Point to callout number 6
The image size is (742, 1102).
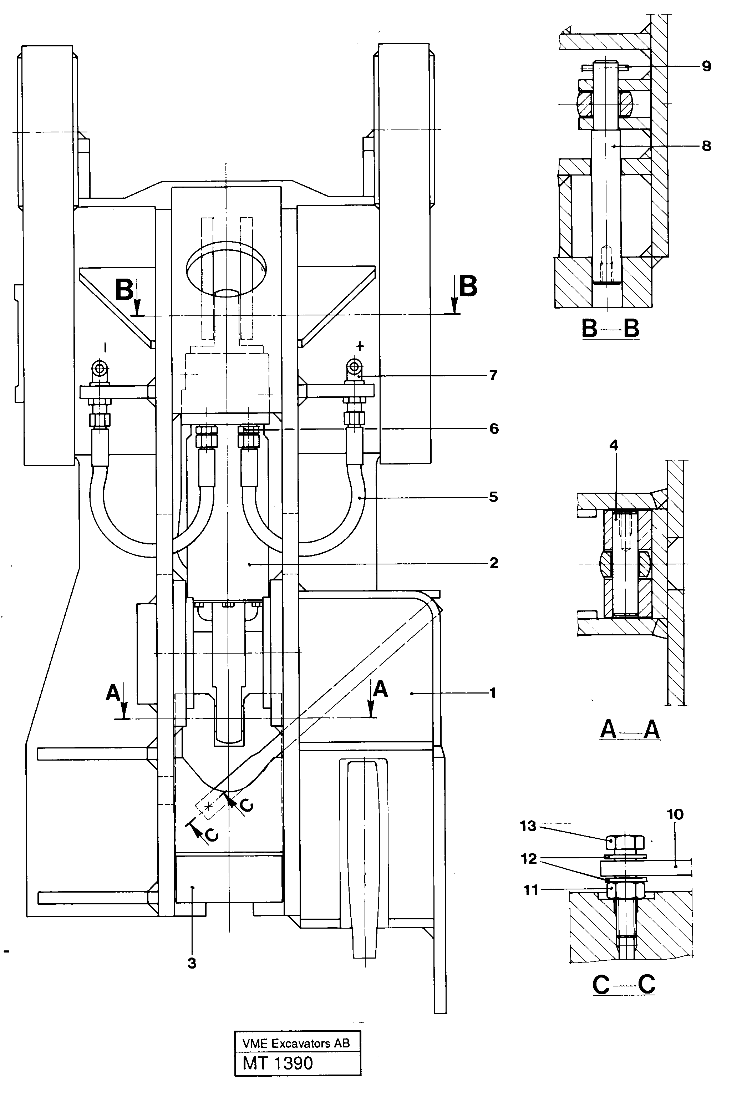click(494, 429)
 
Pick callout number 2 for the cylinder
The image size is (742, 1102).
click(494, 563)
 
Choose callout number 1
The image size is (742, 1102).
click(493, 693)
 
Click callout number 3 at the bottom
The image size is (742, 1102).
click(192, 963)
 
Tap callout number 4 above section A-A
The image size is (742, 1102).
click(614, 445)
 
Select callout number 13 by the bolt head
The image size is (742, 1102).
click(528, 826)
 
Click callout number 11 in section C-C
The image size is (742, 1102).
click(530, 890)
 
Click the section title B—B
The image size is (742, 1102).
click(610, 328)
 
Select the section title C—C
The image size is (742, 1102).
click(624, 985)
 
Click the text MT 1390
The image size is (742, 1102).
click(278, 1063)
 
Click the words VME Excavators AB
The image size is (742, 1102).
click(296, 1043)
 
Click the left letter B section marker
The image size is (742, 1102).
click(124, 290)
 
